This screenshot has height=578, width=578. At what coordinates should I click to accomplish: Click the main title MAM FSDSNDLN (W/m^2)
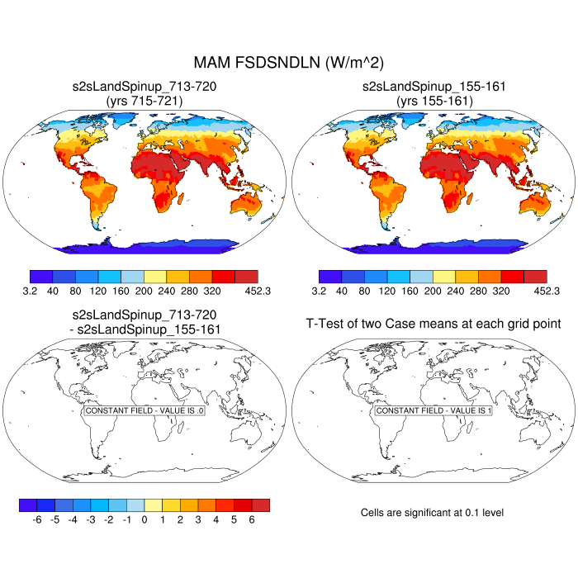[x=289, y=63]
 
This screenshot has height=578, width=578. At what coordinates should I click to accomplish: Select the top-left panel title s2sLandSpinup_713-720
[x=145, y=86]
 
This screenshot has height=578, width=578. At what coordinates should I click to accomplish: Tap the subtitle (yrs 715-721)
[x=145, y=100]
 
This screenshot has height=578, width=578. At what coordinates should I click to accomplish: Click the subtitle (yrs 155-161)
[x=433, y=100]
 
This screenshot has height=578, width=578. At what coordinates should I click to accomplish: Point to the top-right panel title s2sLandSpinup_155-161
[x=433, y=86]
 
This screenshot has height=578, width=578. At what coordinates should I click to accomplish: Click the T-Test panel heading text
[x=433, y=323]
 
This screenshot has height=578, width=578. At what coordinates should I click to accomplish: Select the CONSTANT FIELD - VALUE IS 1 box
[x=433, y=410]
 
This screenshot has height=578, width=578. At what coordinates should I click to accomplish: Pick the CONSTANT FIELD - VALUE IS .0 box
[x=144, y=410]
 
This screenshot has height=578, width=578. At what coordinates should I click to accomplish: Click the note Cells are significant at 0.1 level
[x=432, y=513]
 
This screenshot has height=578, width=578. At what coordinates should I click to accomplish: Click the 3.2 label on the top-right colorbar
[x=319, y=291]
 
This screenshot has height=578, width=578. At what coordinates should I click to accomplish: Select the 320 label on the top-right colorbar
[x=501, y=291]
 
